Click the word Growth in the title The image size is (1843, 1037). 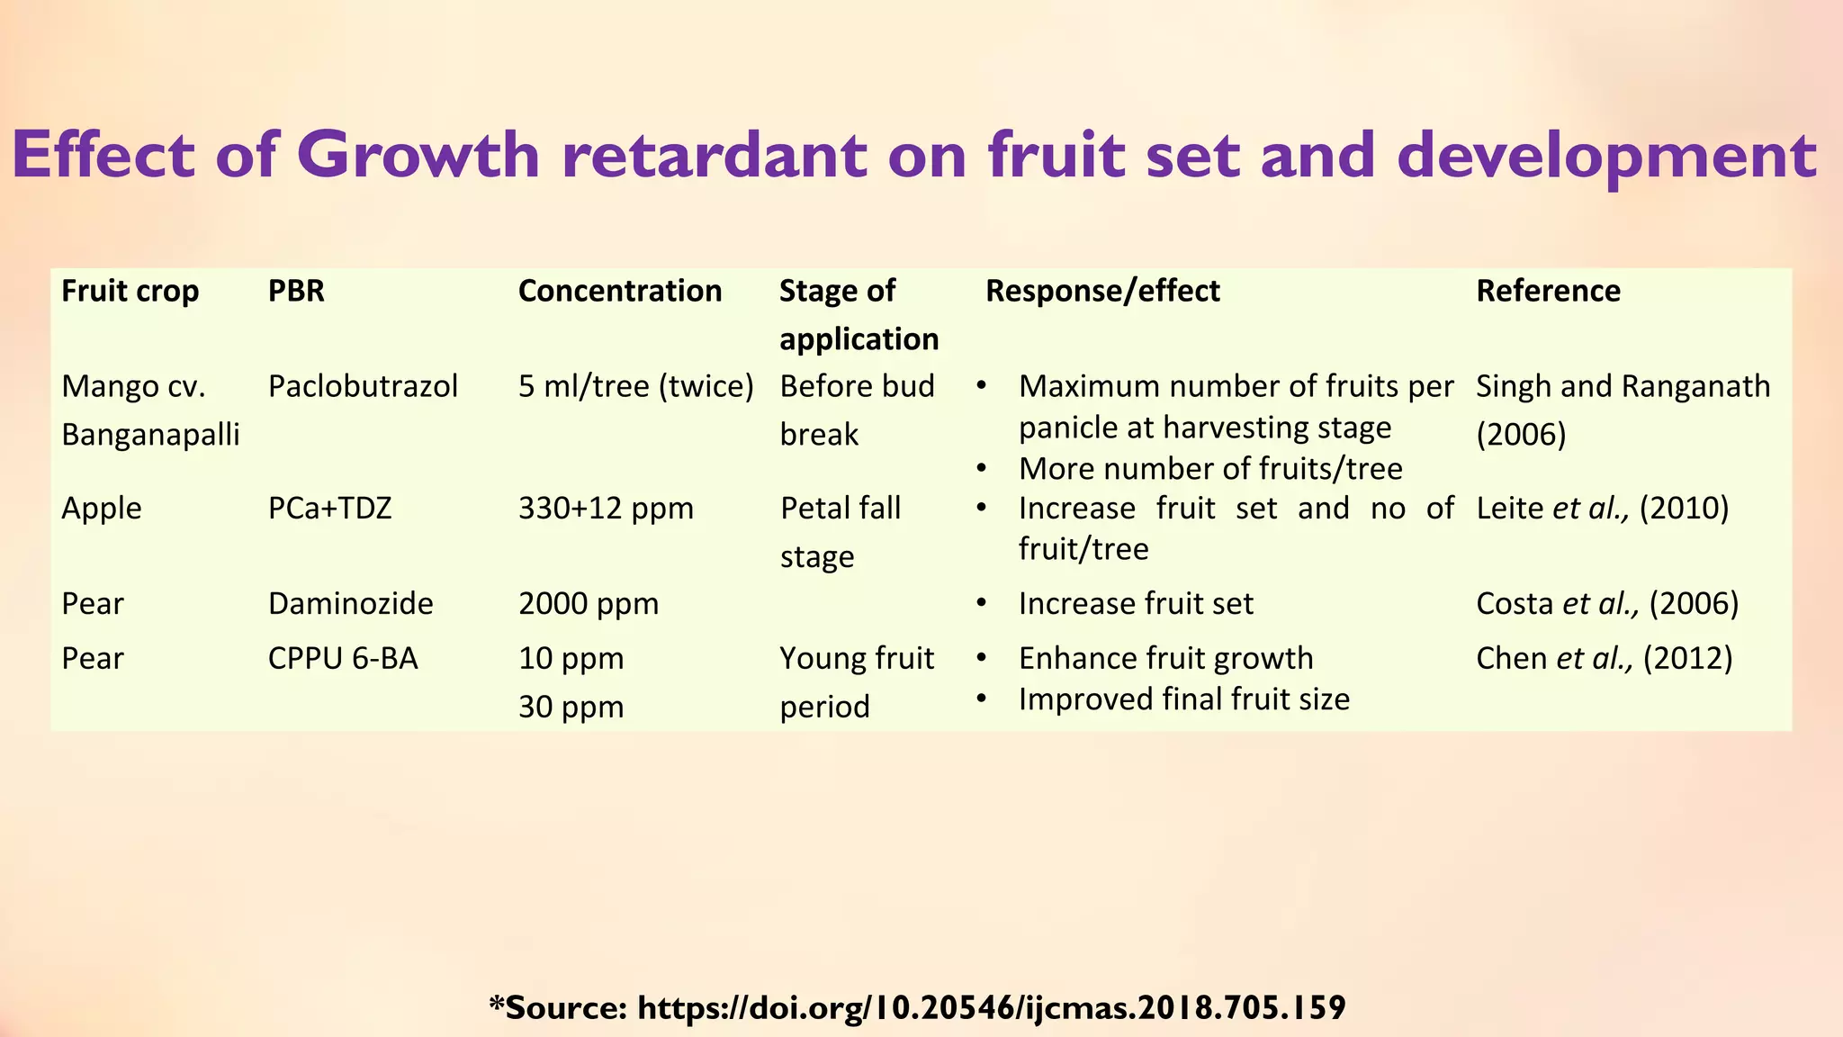click(418, 155)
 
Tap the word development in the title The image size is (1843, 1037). click(1607, 155)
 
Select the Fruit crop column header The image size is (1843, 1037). click(130, 291)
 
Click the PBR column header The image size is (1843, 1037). click(296, 291)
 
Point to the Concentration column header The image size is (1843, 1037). click(620, 291)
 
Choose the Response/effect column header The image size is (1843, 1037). click(1102, 291)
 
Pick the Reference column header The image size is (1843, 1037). click(1548, 291)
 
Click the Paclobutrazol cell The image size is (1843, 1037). click(363, 386)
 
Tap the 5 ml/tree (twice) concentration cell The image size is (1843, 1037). click(635, 386)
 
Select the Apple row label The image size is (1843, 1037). click(102, 509)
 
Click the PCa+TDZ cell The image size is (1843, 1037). click(329, 509)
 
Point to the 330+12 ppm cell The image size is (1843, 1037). click(606, 509)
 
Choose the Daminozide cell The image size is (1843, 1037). click(350, 603)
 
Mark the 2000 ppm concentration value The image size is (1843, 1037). click(589, 603)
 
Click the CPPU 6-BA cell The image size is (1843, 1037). click(343, 658)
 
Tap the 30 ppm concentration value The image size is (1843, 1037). click(571, 707)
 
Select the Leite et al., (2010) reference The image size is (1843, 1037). click(1602, 509)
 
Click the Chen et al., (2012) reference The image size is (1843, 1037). click(1604, 658)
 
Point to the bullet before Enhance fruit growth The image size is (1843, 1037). click(982, 658)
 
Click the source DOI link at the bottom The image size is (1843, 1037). click(991, 1006)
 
